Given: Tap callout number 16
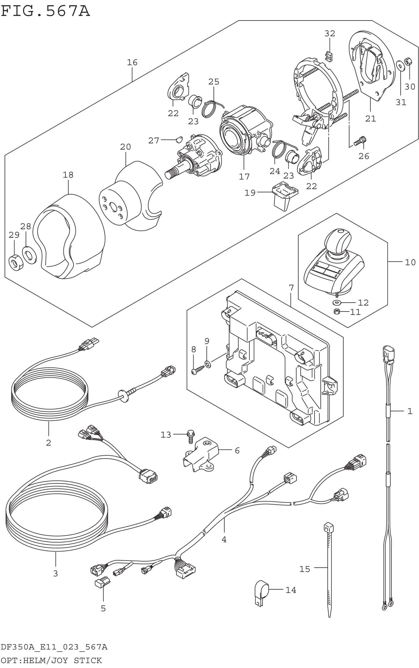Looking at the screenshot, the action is pos(132,62).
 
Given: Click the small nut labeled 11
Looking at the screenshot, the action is pos(337,312).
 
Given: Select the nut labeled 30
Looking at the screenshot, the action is pos(407,62).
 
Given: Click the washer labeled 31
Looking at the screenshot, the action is pos(399,65).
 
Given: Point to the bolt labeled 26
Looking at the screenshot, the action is pos(360,141).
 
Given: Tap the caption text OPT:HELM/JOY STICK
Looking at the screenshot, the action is pos(51,660).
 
